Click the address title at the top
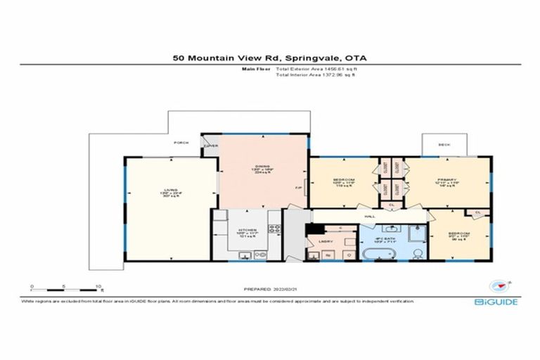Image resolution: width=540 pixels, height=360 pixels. [x=269, y=59]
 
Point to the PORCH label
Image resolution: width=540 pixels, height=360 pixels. [x=180, y=143]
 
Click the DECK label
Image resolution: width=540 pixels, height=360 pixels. [x=444, y=145]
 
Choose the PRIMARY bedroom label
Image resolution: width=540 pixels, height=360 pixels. [x=447, y=178]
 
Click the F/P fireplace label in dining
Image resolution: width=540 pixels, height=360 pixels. [x=299, y=188]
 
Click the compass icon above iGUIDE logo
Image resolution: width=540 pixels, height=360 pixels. [x=500, y=286]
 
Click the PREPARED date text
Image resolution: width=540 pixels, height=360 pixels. [x=269, y=288]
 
